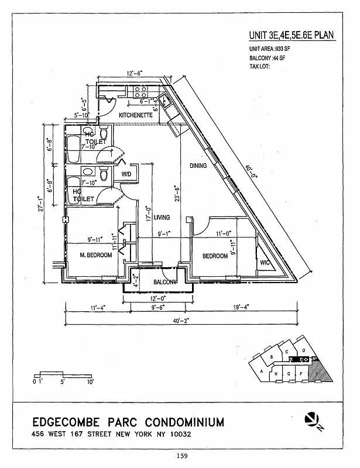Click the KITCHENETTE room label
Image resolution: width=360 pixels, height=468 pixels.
pos(136,116)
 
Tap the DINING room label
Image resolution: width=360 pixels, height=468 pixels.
pos(198,166)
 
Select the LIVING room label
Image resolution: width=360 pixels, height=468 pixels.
pos(162,218)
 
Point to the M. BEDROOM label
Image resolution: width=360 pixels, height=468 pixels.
pos(96,255)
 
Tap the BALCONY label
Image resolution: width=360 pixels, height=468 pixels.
pos(165,283)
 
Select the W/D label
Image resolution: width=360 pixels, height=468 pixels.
pos(126,175)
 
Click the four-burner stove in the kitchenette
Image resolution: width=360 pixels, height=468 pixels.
pos(141,91)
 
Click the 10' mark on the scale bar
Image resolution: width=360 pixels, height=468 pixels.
pos(90,382)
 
